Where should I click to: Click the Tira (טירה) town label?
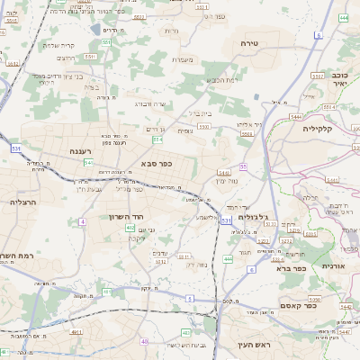coord(250,43)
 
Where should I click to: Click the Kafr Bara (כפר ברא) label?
coord(292,267)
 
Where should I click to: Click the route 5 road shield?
coord(190,297)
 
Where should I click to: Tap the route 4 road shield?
coord(82,220)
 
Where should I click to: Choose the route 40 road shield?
coord(145,342)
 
